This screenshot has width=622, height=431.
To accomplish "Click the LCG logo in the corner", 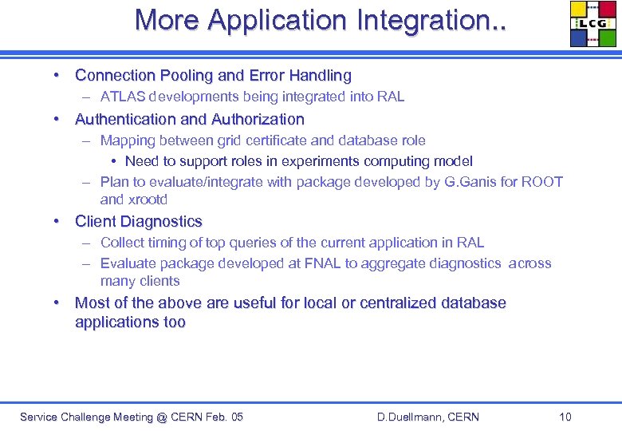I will click(593, 24).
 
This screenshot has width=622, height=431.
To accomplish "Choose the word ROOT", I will click(542, 182).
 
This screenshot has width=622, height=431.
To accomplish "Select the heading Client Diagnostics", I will click(139, 221).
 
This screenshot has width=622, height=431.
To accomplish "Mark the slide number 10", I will click(565, 417).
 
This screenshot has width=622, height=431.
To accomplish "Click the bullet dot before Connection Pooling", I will click(58, 75).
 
